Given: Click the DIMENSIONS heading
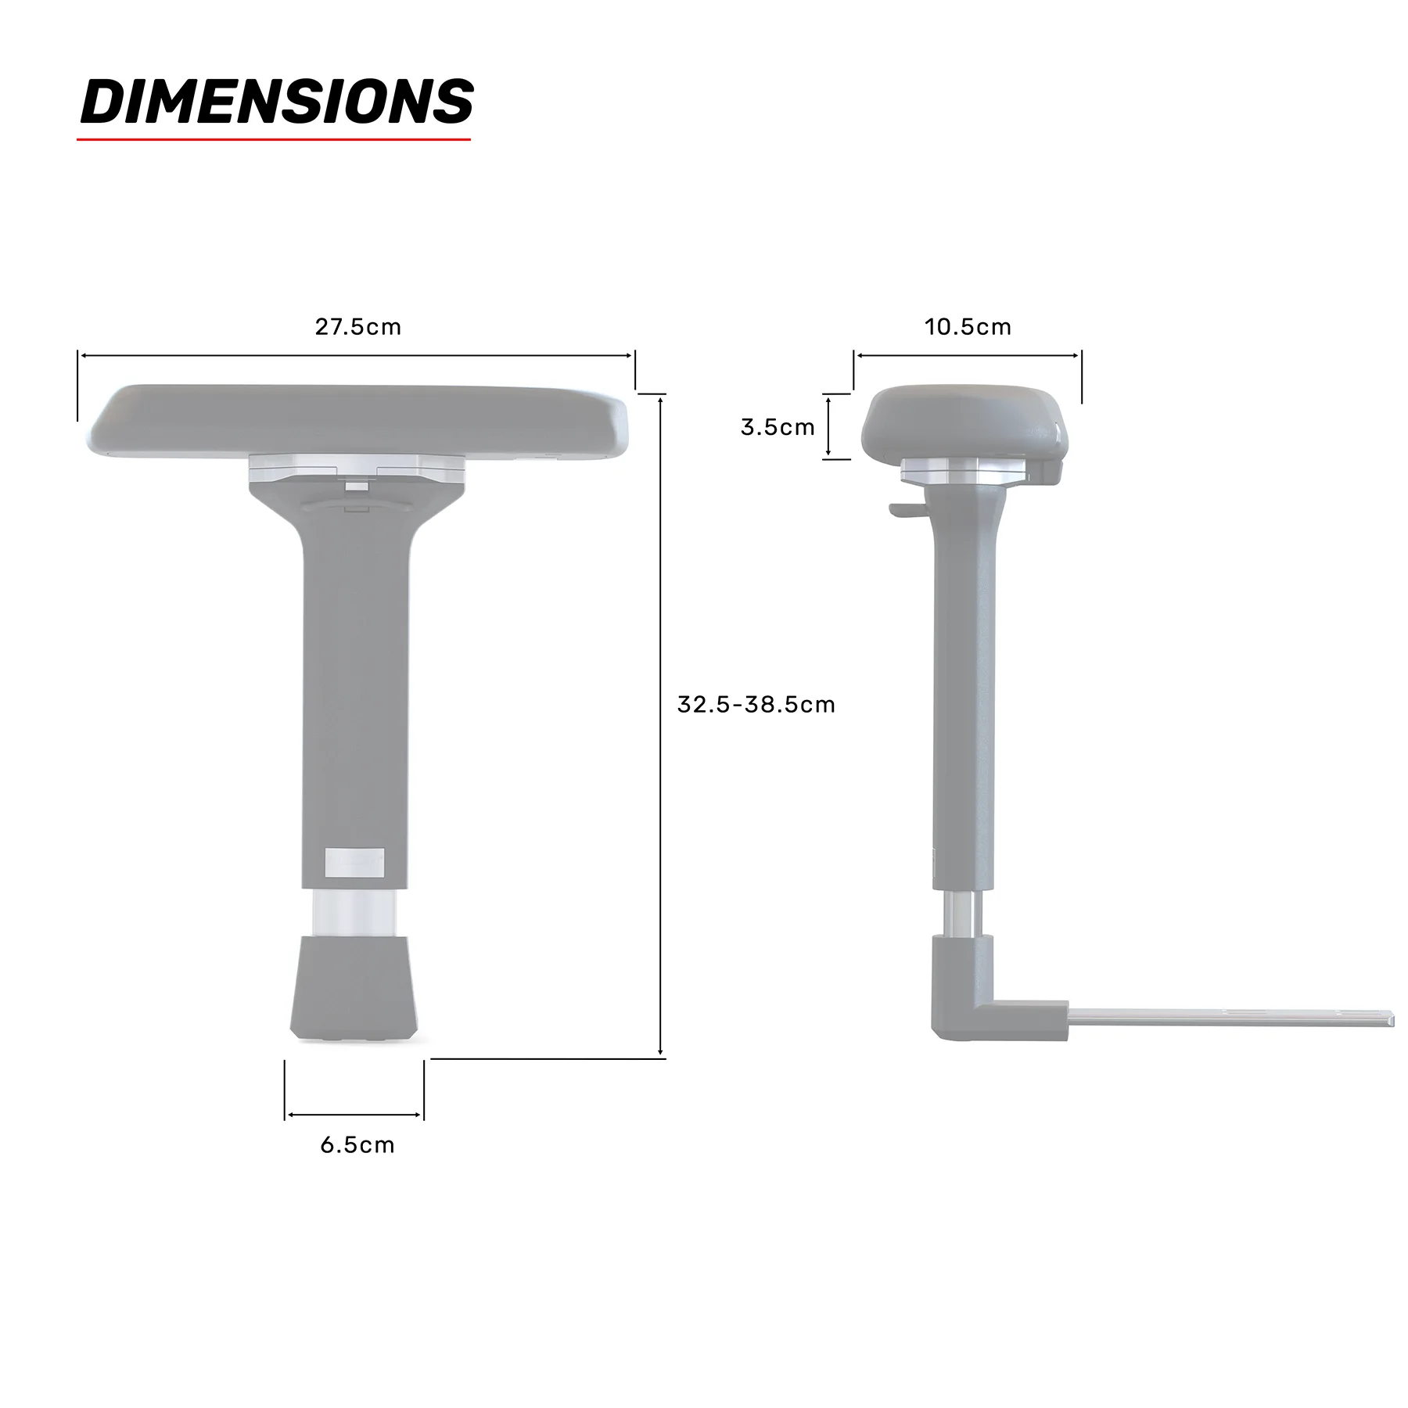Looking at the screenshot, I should (276, 102).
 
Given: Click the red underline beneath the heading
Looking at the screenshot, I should (274, 140).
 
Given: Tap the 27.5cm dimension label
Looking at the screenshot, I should (357, 327).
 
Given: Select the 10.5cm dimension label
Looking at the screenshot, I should (968, 327).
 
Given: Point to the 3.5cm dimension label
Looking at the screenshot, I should (778, 427).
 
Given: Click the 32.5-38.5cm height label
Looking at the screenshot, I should (756, 705).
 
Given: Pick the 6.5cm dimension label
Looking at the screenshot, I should (357, 1145).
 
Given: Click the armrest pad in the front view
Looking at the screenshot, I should (357, 420).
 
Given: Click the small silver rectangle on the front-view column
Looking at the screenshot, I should (354, 861).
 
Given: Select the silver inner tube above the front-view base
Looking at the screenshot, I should (354, 913).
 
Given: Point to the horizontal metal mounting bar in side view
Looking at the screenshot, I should (1228, 1018).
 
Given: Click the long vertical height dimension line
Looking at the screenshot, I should (661, 727).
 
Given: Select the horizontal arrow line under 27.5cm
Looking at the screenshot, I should (357, 356).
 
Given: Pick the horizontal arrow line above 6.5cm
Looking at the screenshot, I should (354, 1115).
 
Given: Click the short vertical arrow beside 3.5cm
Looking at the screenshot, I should (828, 426).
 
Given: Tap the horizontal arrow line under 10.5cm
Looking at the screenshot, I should (968, 356).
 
